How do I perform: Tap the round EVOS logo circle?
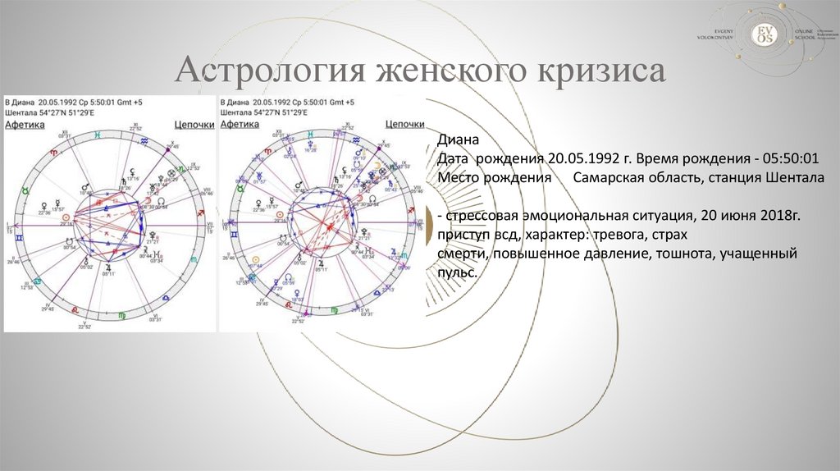tap(765, 32)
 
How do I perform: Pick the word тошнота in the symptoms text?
tap(686, 254)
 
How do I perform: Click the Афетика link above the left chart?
tap(25, 125)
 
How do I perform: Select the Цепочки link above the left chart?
tap(194, 125)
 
